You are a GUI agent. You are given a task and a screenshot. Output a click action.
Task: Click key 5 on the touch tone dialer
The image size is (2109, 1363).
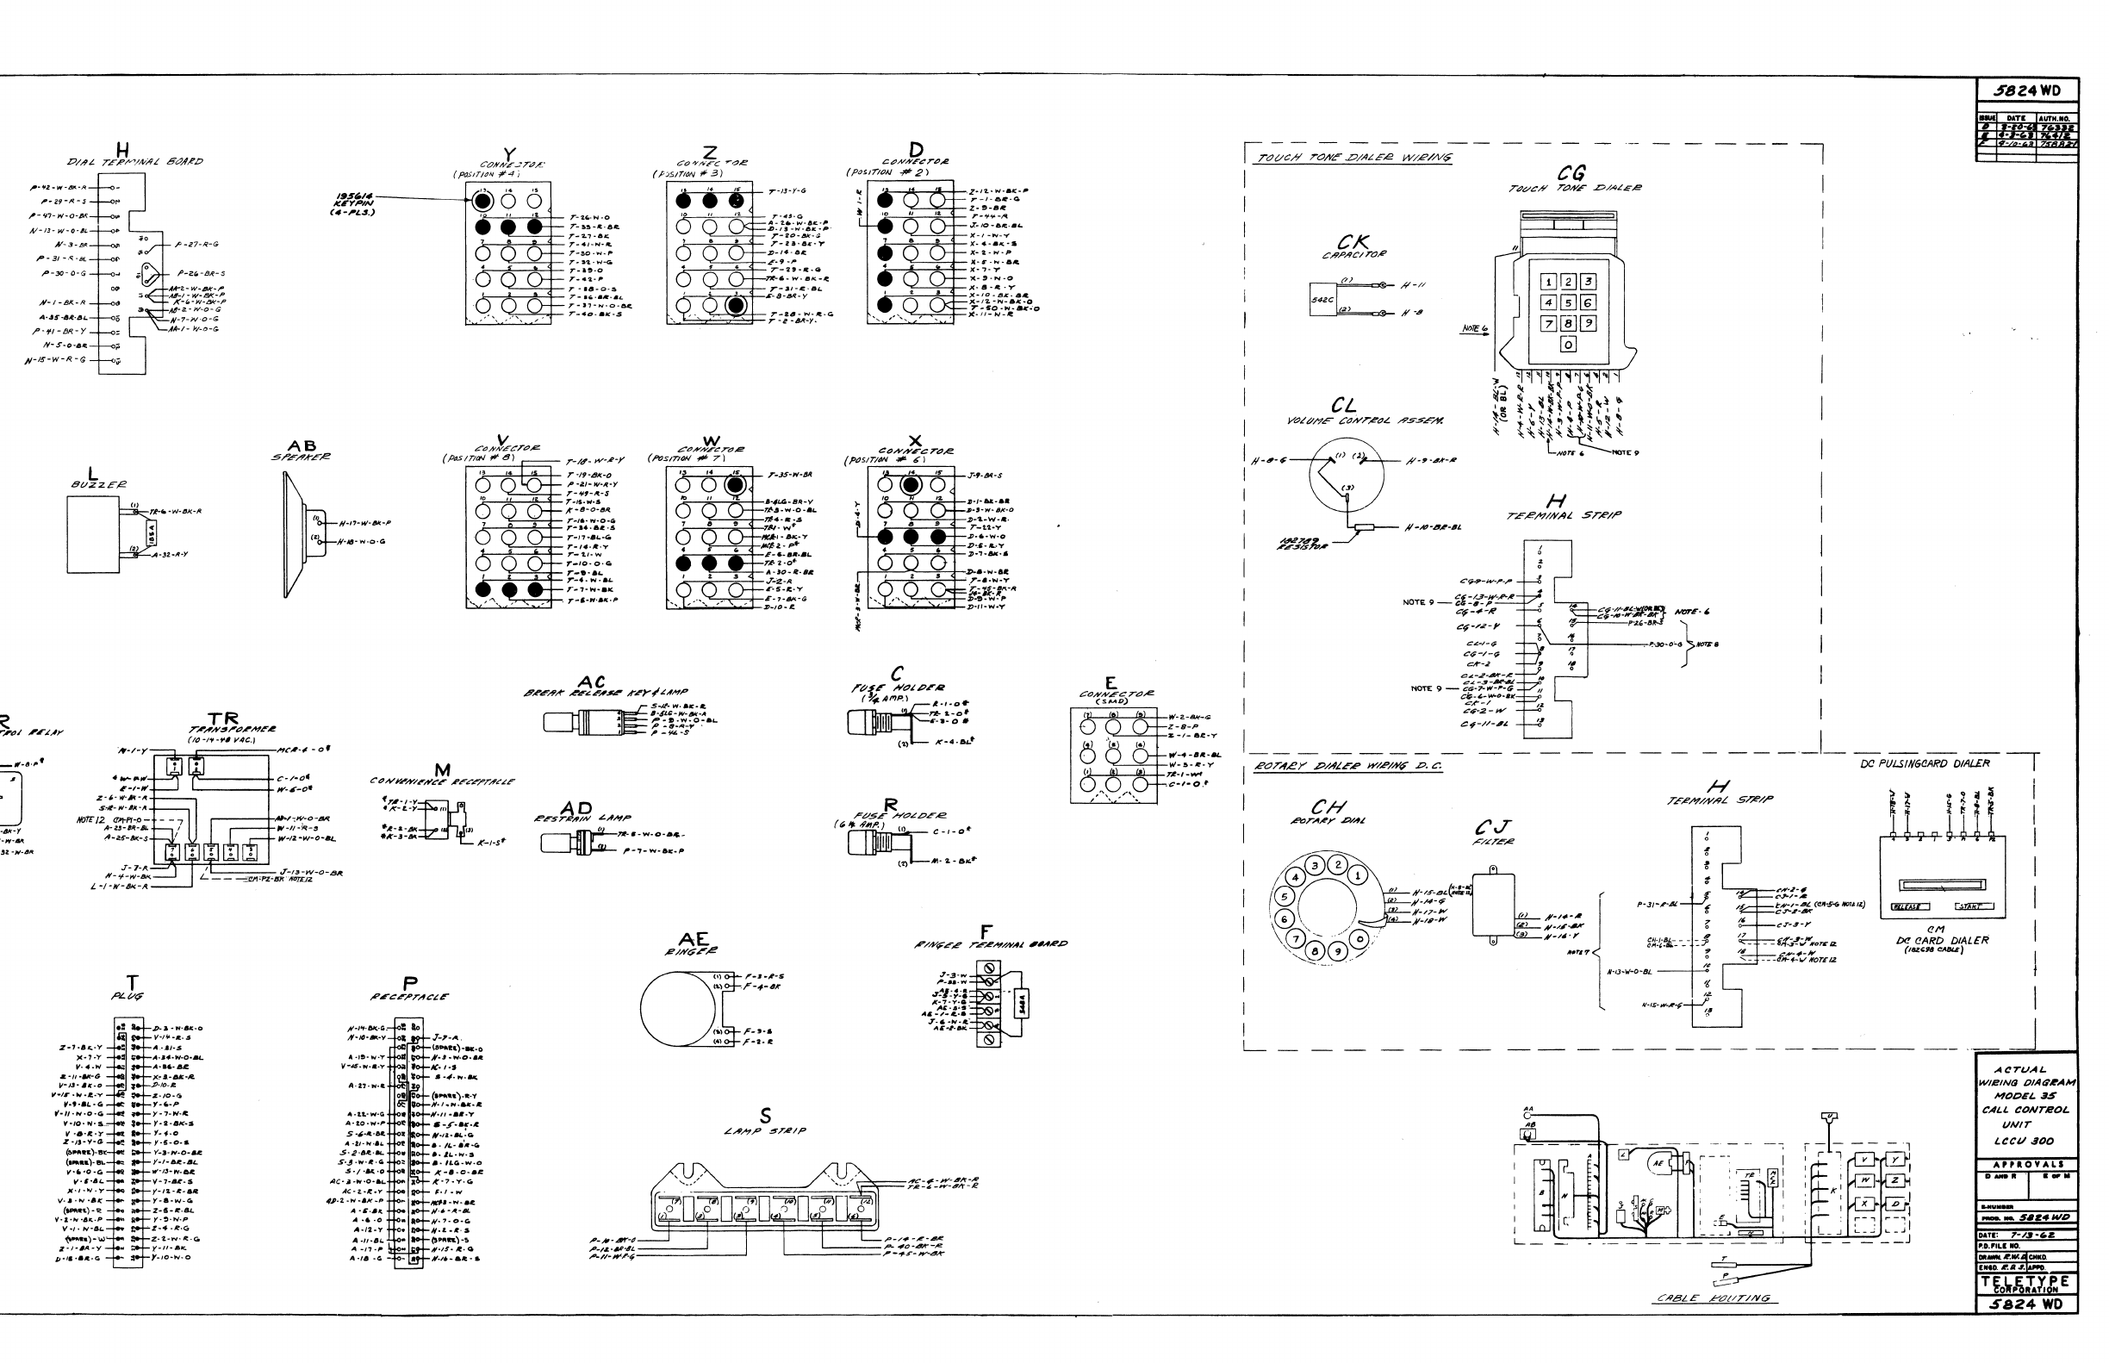tap(1567, 302)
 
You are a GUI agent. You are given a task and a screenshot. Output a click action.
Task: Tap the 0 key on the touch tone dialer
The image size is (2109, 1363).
tap(1567, 345)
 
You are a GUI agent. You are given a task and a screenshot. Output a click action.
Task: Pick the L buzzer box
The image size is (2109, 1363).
tap(93, 533)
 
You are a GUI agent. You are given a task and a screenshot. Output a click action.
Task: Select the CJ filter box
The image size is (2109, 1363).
tap(1493, 905)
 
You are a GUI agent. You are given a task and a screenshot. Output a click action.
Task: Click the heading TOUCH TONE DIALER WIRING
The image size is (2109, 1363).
tap(1354, 158)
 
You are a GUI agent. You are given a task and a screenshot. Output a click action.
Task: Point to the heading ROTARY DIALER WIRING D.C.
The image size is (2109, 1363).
tap(1347, 767)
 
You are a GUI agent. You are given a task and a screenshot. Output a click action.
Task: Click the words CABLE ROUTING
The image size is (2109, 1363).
tap(1714, 1298)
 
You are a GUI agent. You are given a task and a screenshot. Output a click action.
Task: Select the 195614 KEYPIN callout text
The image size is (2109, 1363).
tap(356, 203)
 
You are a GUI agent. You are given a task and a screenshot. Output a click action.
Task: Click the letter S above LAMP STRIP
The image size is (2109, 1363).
tap(766, 1116)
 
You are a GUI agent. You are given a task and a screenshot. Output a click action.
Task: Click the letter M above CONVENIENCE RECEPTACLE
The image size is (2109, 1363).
tap(443, 770)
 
